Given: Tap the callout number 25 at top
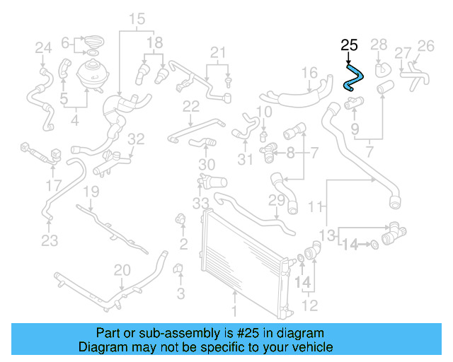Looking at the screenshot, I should point(349,46).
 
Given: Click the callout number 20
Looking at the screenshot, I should point(122,269).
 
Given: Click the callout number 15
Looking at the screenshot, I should point(137,18).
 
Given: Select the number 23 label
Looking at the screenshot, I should point(49,241).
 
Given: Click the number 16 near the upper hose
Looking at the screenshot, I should point(309,72).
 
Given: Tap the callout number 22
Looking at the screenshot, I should point(191,106).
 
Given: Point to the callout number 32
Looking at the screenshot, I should point(136,139).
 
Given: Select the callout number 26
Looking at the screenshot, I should point(425,46).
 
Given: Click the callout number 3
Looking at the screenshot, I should point(180,293).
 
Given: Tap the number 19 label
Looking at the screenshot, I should point(91,192).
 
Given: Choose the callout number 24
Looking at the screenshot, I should point(44,48).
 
